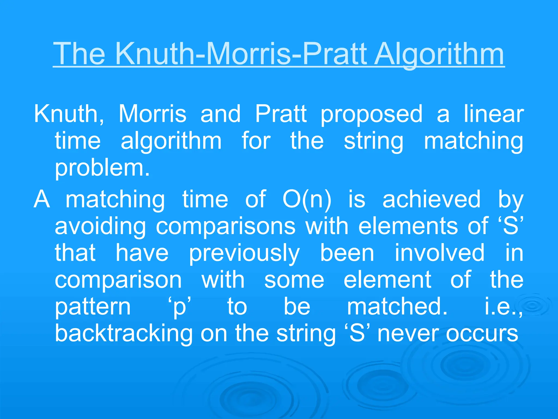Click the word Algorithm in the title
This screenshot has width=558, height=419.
[439, 55]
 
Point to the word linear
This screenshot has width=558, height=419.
[494, 114]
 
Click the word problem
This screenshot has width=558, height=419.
[102, 169]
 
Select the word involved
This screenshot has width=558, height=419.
[439, 253]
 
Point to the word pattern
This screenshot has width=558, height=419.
[93, 307]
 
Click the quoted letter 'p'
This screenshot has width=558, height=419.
[179, 307]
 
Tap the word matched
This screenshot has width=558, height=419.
[397, 307]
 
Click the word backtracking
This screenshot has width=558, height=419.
[124, 333]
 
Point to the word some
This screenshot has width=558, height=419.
[294, 280]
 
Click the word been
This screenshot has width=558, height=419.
[347, 253]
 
